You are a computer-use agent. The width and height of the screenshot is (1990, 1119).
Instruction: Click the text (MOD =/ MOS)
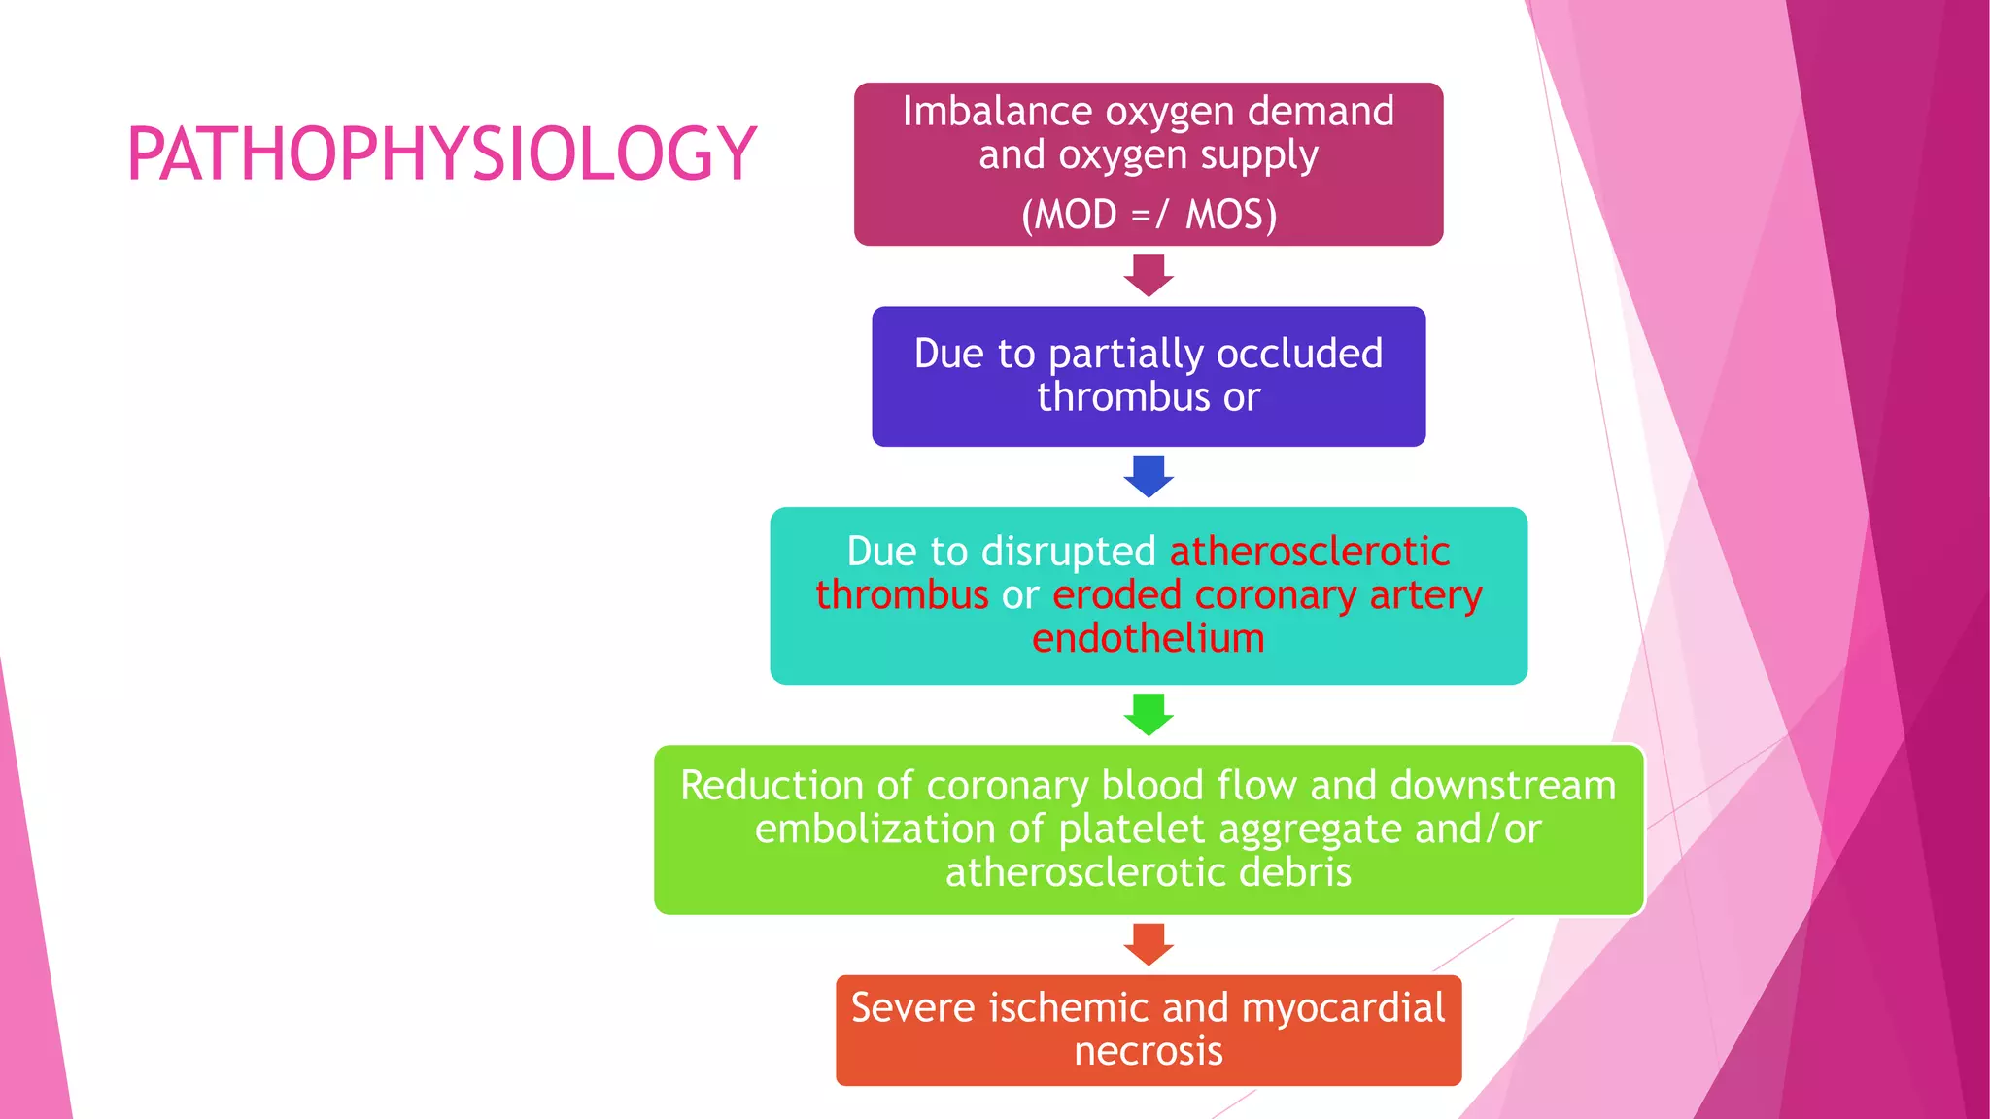coord(1149,215)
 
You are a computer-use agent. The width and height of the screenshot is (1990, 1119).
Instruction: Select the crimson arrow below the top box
coord(1149,275)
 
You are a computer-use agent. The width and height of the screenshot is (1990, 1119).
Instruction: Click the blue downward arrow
coord(1149,476)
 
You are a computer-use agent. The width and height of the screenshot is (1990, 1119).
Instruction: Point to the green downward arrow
coord(1149,714)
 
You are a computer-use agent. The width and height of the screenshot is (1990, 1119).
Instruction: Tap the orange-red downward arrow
coord(1149,944)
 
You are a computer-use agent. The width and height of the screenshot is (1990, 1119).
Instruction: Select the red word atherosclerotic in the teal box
coord(1309,552)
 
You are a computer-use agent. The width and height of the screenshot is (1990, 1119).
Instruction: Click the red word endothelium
coord(1149,638)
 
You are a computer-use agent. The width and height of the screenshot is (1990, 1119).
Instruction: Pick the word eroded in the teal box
coord(1116,595)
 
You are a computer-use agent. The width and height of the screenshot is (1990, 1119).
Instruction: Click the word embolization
coord(874,829)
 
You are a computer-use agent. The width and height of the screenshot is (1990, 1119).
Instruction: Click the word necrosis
coord(1149,1051)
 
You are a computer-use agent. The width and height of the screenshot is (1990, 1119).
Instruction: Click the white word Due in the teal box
coord(881,552)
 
